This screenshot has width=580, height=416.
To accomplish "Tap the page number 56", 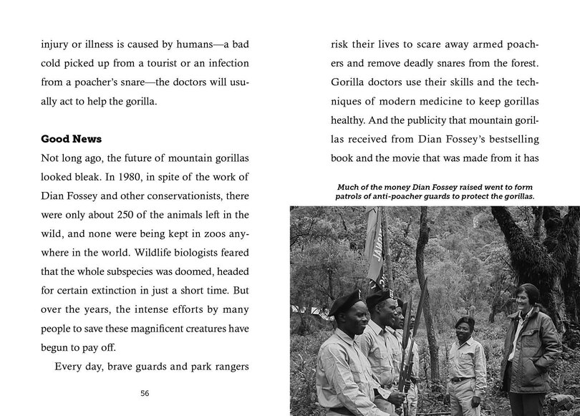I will (x=145, y=393).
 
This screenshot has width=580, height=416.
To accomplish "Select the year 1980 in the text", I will (x=157, y=175).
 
